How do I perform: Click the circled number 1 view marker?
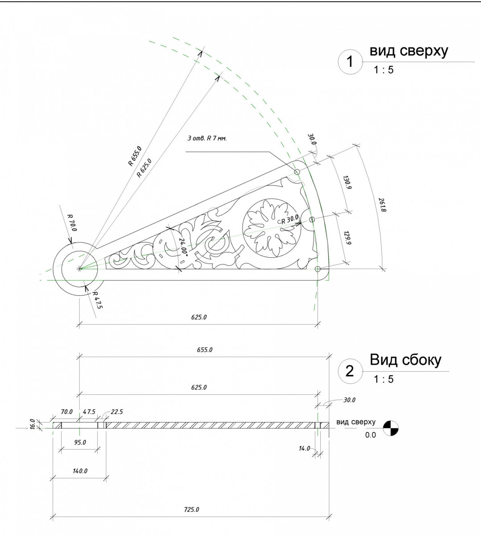pyautogui.click(x=350, y=62)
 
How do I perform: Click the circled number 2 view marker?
pyautogui.click(x=350, y=371)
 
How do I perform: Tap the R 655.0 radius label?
pyautogui.click(x=135, y=156)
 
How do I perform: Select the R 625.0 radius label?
pyautogui.click(x=144, y=168)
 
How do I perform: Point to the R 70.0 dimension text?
pyautogui.click(x=72, y=222)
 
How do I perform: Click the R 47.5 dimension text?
pyautogui.click(x=97, y=300)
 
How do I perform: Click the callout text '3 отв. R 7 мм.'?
pyautogui.click(x=207, y=138)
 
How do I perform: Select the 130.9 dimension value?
pyautogui.click(x=347, y=183)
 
